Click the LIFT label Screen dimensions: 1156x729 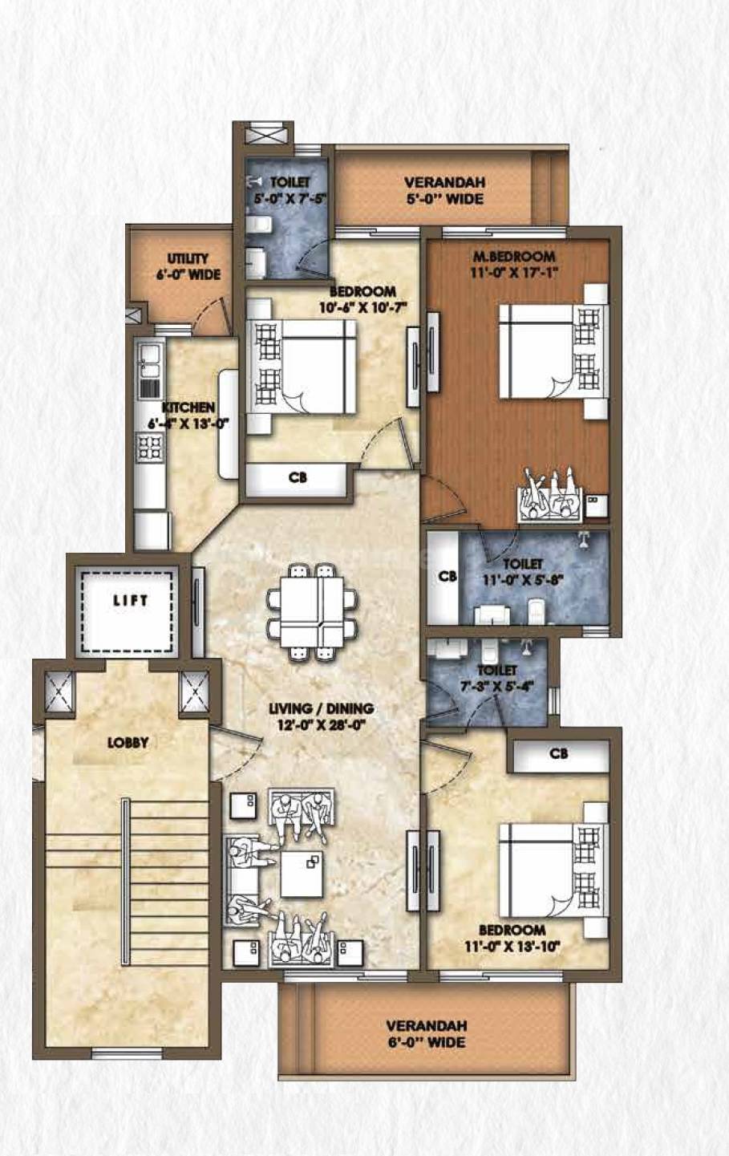point(130,600)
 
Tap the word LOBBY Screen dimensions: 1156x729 point(128,743)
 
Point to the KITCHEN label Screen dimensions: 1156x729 point(188,408)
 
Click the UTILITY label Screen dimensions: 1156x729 point(188,259)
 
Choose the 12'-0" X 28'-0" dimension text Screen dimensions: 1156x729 point(321,725)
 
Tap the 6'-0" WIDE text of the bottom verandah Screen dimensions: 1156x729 point(427,1043)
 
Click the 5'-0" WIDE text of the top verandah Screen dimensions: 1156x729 point(444,198)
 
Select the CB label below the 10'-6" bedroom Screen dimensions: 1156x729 point(298,478)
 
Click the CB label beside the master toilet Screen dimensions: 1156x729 point(448,577)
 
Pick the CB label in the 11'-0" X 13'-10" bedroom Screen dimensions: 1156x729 point(559,754)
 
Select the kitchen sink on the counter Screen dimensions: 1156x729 point(149,361)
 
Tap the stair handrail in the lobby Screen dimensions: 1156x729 point(124,882)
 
